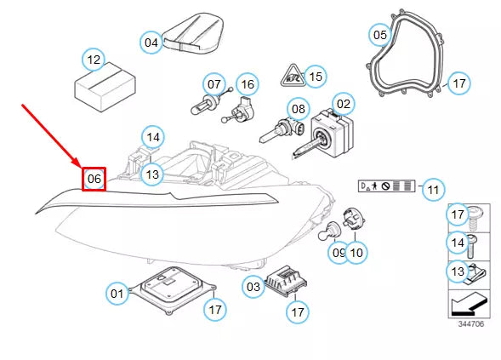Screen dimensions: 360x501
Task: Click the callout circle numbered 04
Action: (151, 42)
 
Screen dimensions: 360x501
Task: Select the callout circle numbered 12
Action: (94, 60)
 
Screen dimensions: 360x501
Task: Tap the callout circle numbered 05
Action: (379, 35)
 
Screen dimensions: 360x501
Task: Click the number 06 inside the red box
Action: (94, 179)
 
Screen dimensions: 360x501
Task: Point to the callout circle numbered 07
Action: (213, 84)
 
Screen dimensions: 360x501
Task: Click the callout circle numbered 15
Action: (316, 77)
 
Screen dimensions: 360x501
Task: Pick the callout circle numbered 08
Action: (298, 109)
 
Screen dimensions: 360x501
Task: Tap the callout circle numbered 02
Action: (343, 105)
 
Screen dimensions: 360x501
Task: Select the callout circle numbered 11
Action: (434, 189)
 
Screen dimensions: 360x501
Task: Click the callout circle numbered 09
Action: (338, 252)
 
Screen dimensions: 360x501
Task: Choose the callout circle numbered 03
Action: (253, 287)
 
